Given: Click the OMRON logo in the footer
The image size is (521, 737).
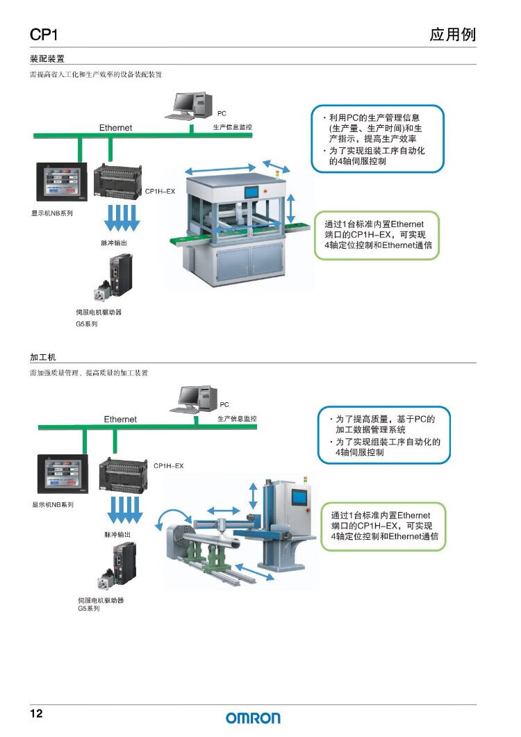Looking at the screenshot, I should [253, 718].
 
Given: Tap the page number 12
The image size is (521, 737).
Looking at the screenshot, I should [36, 714].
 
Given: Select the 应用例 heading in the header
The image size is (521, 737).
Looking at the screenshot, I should [452, 35].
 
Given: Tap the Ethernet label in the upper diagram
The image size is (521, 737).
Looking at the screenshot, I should [115, 128].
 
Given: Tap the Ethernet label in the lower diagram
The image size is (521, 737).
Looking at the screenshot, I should [120, 420].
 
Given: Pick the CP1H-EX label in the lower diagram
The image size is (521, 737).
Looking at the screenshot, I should [168, 465].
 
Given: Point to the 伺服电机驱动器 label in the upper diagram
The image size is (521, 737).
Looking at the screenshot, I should [99, 312].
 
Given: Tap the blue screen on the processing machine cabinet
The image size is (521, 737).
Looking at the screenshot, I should [299, 497].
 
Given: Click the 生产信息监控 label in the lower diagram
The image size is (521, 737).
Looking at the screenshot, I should [237, 419].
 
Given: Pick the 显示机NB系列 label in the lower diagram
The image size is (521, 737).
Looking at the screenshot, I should [53, 504].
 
